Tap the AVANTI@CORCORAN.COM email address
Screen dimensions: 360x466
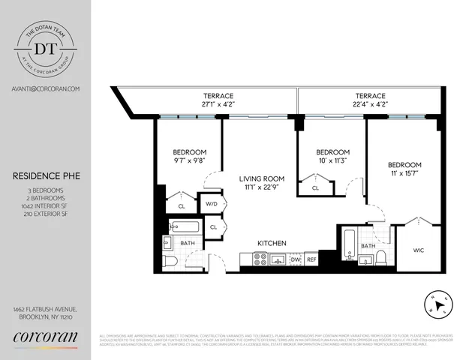pos(46,88)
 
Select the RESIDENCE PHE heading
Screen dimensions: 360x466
pos(44,177)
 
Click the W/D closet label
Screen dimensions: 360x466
pos(211,204)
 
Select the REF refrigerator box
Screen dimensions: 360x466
pos(311,259)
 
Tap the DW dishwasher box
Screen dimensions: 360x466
pos(295,259)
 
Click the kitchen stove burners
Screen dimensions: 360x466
pos(260,259)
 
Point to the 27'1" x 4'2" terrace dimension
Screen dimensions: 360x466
pos(218,105)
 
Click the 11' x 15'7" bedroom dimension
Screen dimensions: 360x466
pos(404,174)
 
